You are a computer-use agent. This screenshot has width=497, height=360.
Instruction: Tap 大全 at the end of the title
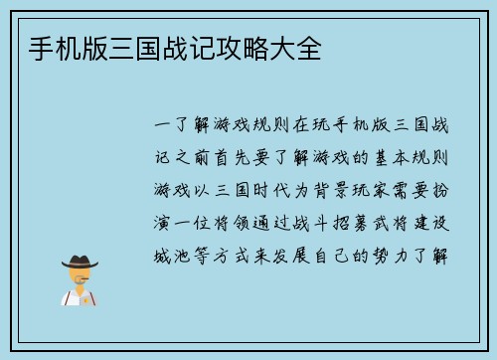coord(298,47)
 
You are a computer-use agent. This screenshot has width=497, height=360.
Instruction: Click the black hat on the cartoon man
coord(80,262)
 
